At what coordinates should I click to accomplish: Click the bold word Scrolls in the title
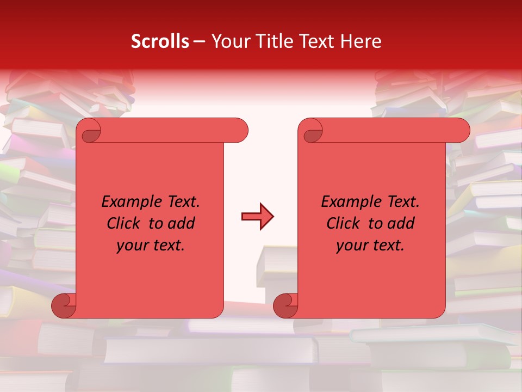click(x=160, y=41)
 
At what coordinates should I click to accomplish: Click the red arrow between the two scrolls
click(x=257, y=217)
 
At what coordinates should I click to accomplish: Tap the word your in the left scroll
click(x=133, y=246)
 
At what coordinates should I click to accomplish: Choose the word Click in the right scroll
click(x=343, y=224)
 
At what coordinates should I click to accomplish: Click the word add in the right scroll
click(x=402, y=224)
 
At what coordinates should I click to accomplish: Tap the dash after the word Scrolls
click(x=200, y=42)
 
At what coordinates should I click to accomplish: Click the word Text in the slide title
click(x=317, y=41)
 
